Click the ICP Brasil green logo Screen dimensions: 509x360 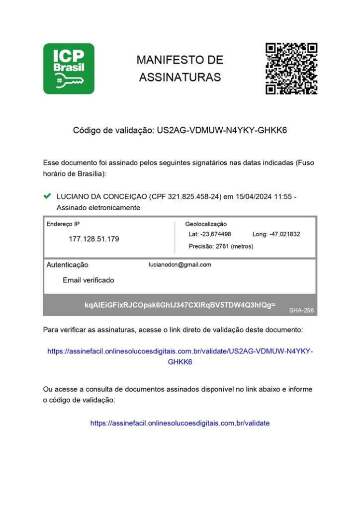point(69,69)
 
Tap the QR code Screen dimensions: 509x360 point(291,69)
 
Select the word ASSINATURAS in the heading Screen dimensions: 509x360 point(180,78)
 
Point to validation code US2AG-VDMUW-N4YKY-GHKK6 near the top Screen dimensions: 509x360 point(222,131)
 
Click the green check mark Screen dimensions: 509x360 point(48,196)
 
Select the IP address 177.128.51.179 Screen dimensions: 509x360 point(93,239)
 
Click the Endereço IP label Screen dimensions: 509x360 point(63,224)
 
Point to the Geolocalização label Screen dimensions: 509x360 point(206,224)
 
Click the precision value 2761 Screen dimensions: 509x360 point(222,246)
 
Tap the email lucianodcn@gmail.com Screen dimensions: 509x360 point(180,265)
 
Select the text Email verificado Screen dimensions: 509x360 point(89,280)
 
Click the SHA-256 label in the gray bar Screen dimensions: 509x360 point(300,310)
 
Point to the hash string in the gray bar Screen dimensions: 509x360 point(180,304)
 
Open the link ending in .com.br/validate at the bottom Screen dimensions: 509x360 point(180,424)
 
